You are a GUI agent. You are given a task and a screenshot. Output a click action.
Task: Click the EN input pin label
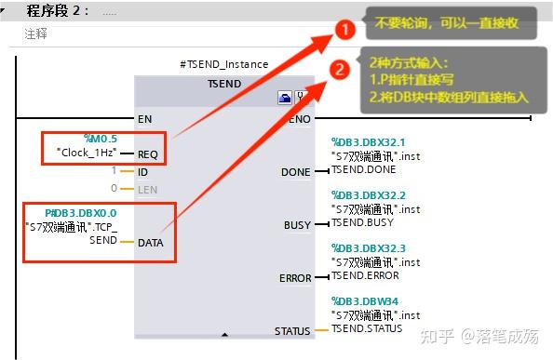144,119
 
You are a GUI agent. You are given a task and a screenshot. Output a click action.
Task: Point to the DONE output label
296,173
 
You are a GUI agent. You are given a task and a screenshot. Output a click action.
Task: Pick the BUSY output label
297,226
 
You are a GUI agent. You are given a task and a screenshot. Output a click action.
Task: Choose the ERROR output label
295,279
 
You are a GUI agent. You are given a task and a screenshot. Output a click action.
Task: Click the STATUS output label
292,331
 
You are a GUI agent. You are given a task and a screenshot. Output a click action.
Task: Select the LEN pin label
148,189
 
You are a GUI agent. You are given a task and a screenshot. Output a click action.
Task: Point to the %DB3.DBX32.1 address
370,143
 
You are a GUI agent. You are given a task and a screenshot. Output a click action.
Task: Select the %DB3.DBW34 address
364,301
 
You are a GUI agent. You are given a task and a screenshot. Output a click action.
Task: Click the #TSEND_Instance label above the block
223,64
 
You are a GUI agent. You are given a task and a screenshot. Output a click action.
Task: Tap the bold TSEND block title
223,83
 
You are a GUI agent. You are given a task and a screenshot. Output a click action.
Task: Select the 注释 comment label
35,33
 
